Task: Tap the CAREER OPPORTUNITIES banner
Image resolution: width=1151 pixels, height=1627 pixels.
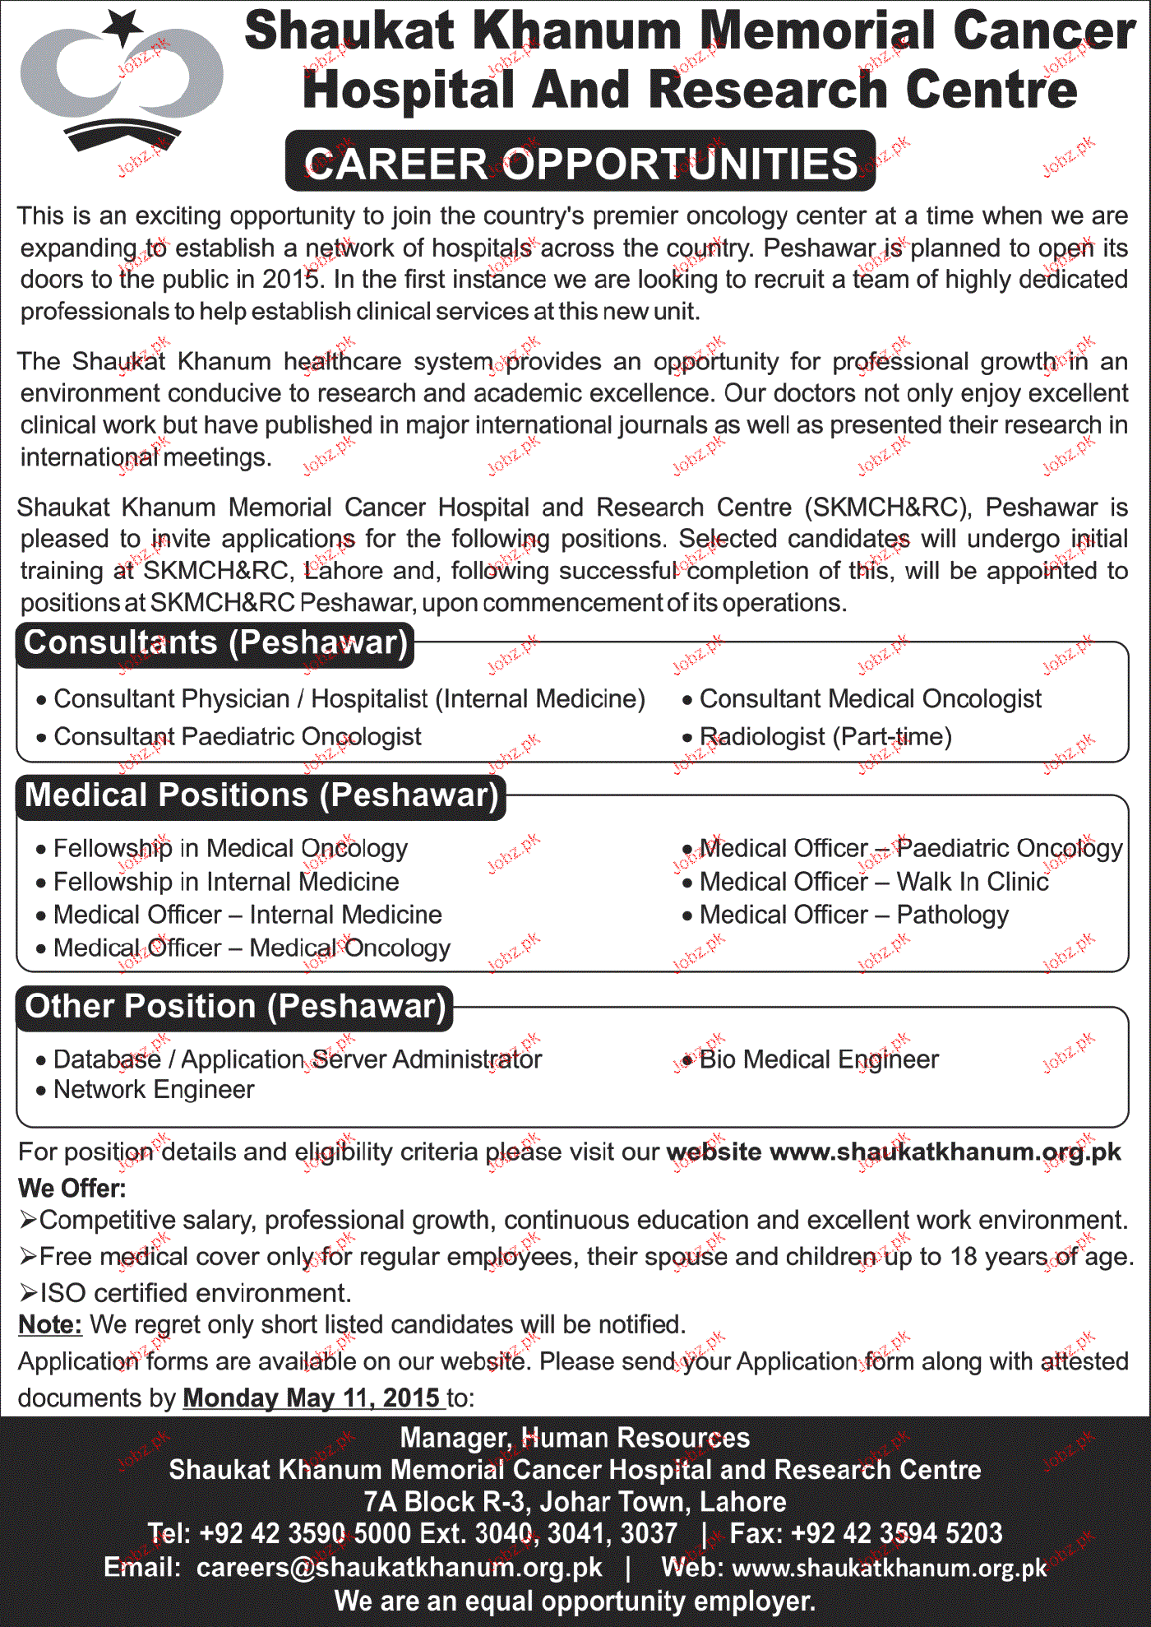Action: pos(580,163)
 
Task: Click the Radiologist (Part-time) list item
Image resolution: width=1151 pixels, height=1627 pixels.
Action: pos(825,737)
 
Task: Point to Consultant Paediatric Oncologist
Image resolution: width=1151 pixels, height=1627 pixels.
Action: pos(238,737)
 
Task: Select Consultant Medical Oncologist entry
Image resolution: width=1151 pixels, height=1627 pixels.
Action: pos(870,699)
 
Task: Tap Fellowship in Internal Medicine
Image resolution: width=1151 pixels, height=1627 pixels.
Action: pos(226,883)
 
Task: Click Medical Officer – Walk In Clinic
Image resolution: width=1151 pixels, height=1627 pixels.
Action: pos(874,883)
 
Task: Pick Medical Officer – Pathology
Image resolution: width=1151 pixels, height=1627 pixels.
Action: pos(853,915)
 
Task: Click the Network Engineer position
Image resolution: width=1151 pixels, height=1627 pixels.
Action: pos(154,1090)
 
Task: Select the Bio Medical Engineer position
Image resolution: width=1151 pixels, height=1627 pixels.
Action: pos(819,1059)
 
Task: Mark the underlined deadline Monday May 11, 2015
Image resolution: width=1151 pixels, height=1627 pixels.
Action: pos(313,1398)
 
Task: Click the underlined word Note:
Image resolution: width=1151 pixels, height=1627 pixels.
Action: pos(50,1325)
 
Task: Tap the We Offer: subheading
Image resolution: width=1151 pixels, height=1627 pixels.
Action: pos(72,1189)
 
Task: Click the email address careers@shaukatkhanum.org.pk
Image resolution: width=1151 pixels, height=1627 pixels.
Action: pos(399,1568)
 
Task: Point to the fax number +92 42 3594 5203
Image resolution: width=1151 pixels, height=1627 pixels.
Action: pos(896,1534)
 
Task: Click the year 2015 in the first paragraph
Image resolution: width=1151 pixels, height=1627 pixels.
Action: pos(289,280)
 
